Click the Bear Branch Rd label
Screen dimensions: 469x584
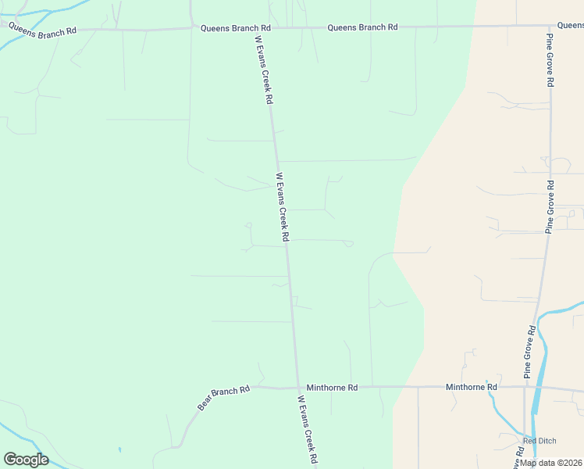(x=223, y=398)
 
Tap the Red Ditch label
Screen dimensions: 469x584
(x=539, y=441)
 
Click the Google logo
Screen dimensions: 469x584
(x=26, y=460)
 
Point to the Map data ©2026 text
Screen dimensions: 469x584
(x=550, y=463)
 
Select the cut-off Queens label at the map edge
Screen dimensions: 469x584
(x=572, y=26)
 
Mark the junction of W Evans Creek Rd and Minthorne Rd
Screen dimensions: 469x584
(x=297, y=387)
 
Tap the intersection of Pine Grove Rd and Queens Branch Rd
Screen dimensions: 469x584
(x=550, y=26)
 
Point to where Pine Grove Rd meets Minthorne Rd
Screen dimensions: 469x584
(x=525, y=387)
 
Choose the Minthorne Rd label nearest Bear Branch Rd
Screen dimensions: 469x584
(x=332, y=387)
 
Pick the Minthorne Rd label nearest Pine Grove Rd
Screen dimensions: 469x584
(x=471, y=387)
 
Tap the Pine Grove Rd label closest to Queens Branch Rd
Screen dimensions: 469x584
(x=550, y=60)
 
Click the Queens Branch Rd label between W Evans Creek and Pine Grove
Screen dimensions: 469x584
(x=362, y=27)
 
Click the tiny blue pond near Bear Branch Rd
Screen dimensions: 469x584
(x=119, y=449)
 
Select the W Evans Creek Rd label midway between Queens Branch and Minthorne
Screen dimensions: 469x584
(x=283, y=206)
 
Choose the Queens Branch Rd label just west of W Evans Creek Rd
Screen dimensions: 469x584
(x=235, y=28)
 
